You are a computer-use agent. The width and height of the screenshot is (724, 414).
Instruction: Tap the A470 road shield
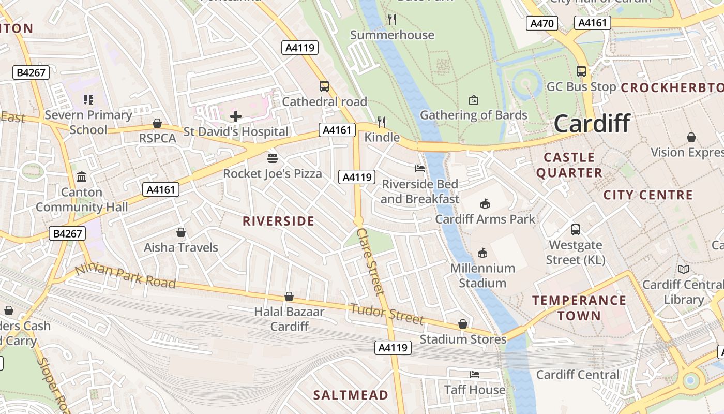point(542,23)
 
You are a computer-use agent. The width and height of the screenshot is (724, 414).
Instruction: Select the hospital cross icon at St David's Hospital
point(236,116)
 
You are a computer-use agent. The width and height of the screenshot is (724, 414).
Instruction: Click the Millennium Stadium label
point(482,275)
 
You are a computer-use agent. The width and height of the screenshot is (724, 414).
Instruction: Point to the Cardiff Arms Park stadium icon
point(485,203)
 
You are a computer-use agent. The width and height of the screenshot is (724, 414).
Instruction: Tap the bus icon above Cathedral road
point(324,86)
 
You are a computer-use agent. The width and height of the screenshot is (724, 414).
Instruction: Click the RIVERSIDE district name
point(278,221)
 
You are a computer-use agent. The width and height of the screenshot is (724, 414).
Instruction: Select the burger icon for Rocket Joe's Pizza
point(273,158)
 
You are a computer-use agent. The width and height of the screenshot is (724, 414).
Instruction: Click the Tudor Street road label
point(386,314)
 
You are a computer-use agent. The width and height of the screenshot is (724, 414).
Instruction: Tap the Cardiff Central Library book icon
point(684,269)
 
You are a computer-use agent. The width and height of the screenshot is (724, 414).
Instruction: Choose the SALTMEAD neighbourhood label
point(351,395)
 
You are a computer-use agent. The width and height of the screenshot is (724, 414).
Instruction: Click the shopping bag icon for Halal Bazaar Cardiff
point(289,297)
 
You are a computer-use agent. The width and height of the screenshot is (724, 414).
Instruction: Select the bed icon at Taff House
point(475,374)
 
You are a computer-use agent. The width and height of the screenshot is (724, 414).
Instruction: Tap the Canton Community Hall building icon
point(82,177)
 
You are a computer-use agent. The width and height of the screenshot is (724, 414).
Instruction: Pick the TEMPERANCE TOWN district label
point(579,308)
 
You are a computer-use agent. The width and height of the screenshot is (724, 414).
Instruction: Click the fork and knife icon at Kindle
point(382,122)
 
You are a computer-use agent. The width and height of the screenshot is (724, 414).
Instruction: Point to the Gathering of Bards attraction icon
point(473,99)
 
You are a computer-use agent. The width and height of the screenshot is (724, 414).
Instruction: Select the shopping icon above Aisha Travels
point(180,232)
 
